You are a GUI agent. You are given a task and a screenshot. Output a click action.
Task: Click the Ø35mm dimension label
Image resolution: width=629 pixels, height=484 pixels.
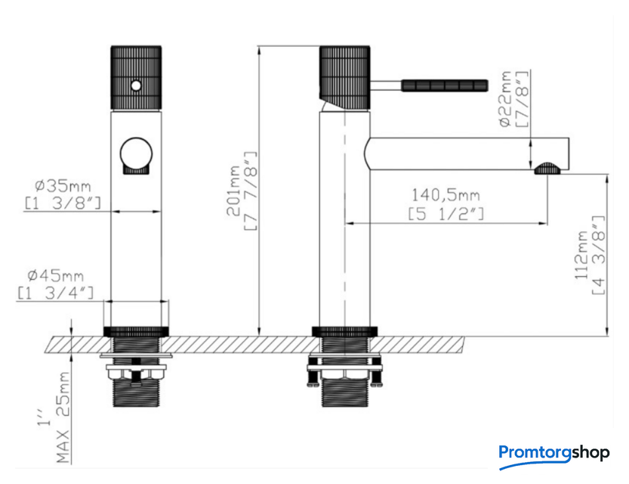tap(63, 186)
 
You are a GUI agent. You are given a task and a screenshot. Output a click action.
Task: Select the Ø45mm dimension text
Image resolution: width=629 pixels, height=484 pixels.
tap(56, 275)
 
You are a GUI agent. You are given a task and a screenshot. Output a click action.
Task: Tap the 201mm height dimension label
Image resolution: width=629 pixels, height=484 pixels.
tap(233, 191)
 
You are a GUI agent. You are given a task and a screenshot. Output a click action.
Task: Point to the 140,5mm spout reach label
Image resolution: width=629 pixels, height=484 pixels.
tap(446, 195)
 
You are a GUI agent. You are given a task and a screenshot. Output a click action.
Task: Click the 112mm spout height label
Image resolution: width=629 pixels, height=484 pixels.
tap(581, 255)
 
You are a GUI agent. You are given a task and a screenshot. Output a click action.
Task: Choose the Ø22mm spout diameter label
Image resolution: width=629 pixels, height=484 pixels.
tap(505, 99)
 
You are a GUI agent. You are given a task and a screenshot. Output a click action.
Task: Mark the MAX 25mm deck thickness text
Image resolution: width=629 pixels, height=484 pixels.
tap(63, 417)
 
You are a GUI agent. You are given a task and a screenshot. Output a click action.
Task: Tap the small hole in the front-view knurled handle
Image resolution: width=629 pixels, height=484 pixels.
tap(136, 85)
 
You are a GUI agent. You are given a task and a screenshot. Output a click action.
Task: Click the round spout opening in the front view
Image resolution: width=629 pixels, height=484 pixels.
tap(137, 154)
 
